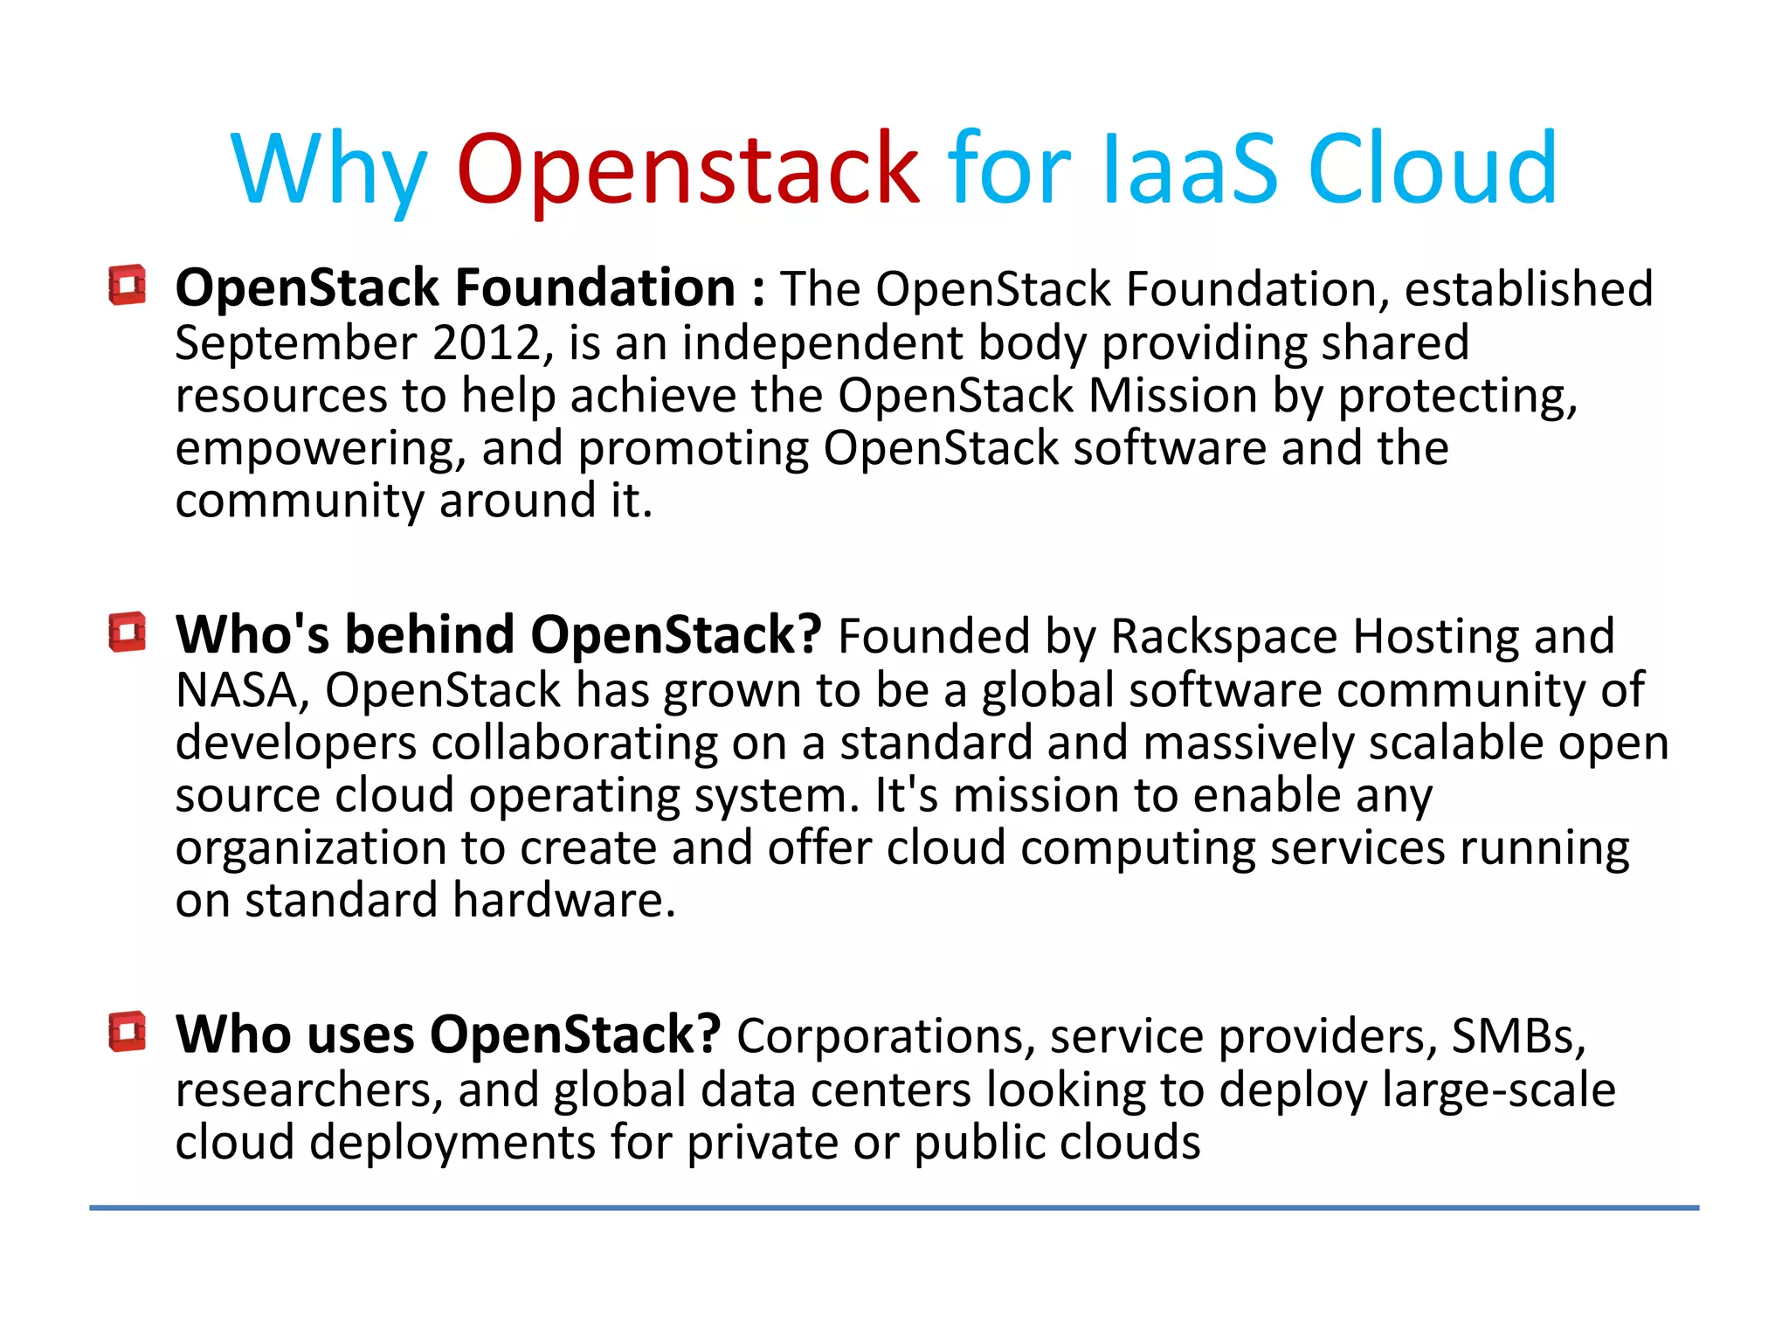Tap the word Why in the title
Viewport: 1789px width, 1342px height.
pos(328,170)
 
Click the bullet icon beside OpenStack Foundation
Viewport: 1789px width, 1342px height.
pos(128,285)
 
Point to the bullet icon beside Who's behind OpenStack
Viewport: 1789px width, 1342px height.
pos(128,632)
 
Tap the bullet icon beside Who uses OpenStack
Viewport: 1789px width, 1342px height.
pos(128,1032)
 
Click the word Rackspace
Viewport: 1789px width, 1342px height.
pos(1224,637)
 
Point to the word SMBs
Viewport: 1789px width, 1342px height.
pos(1517,1036)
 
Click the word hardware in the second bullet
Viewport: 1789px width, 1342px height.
pos(563,901)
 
